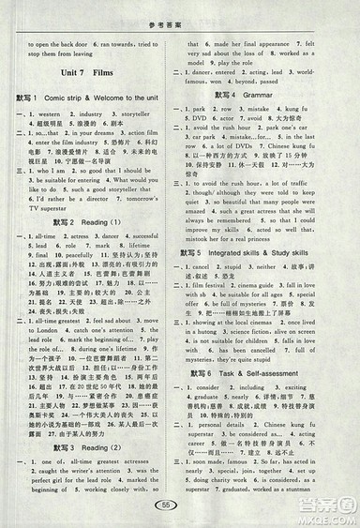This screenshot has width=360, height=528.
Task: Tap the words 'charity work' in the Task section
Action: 232,476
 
